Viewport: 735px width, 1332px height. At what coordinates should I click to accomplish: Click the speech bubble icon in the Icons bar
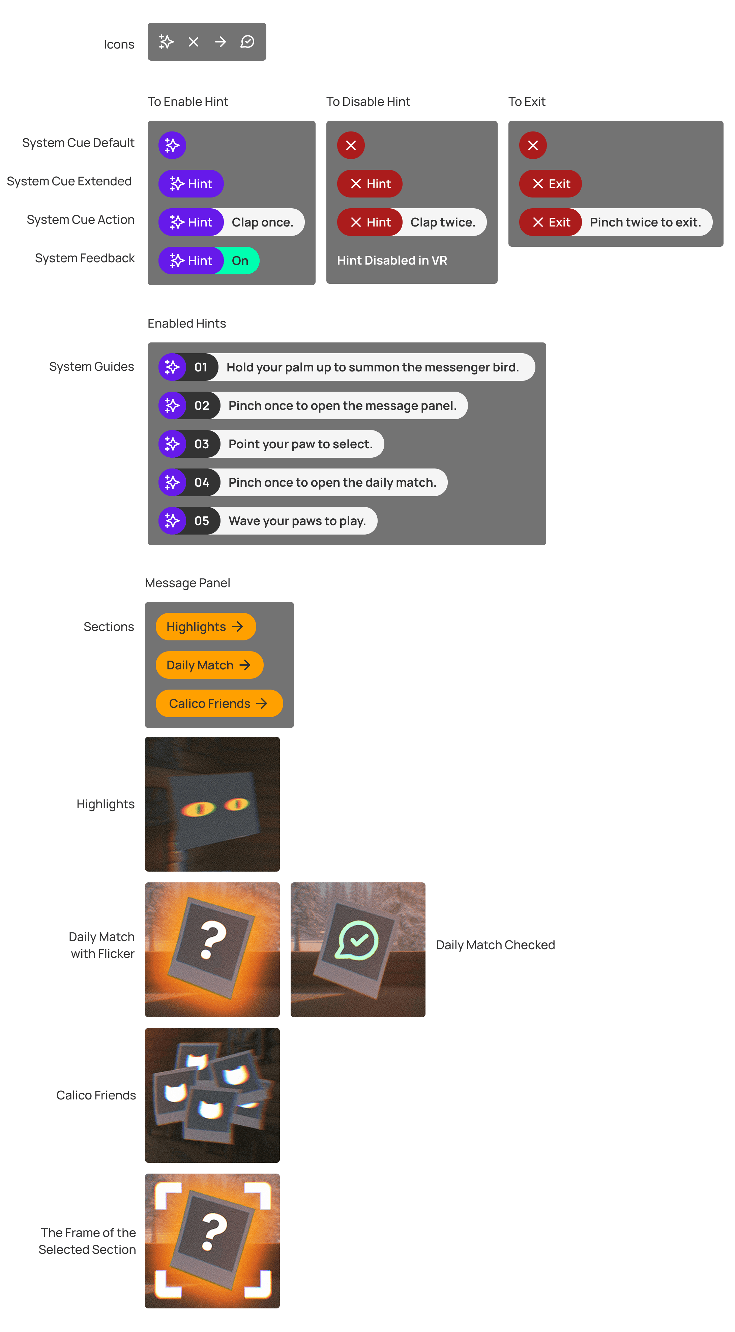pyautogui.click(x=247, y=42)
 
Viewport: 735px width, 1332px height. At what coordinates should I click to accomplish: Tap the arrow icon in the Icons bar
pyautogui.click(x=220, y=42)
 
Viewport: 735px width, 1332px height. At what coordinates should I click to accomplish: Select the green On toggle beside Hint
pyautogui.click(x=240, y=261)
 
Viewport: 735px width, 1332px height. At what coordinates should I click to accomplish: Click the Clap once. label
pyautogui.click(x=262, y=222)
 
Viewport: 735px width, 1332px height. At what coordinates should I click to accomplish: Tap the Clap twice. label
pyautogui.click(x=443, y=222)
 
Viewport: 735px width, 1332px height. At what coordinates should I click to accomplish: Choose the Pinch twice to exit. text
pyautogui.click(x=645, y=222)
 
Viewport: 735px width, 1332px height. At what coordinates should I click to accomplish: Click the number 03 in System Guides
pyautogui.click(x=202, y=444)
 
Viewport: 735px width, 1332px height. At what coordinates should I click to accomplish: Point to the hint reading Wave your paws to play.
pyautogui.click(x=297, y=521)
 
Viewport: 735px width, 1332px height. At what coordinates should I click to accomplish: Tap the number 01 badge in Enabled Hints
pyautogui.click(x=201, y=367)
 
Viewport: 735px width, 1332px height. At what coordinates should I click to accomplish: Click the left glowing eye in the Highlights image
pyautogui.click(x=198, y=808)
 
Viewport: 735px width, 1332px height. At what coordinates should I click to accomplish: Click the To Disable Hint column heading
pyautogui.click(x=368, y=102)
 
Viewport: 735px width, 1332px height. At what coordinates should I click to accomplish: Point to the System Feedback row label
pyautogui.click(x=85, y=258)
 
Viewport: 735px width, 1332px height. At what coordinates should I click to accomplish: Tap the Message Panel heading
pyautogui.click(x=187, y=583)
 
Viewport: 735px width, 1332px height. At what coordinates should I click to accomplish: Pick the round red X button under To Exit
pyautogui.click(x=533, y=145)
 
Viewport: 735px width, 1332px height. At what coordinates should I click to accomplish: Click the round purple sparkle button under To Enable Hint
pyautogui.click(x=172, y=145)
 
